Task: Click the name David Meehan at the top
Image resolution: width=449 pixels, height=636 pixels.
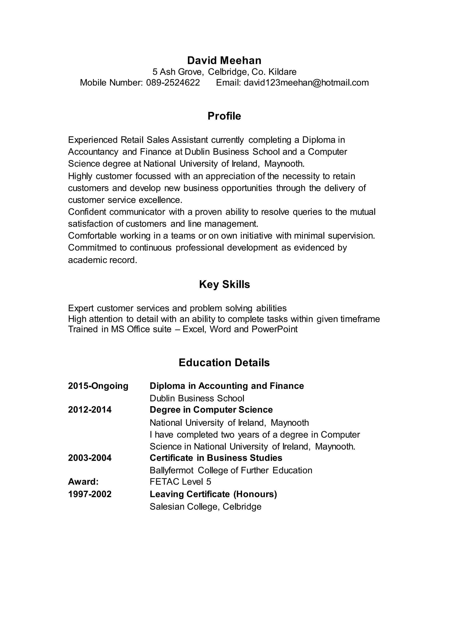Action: click(x=224, y=60)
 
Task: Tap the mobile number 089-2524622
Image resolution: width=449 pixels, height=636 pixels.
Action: click(x=173, y=82)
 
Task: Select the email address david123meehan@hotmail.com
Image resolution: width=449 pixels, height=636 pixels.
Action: click(x=306, y=82)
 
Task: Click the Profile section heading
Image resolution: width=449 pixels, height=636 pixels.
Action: click(x=224, y=116)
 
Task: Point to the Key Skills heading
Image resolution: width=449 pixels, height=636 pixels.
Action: click(x=224, y=284)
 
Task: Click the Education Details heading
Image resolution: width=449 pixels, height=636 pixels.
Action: click(x=224, y=363)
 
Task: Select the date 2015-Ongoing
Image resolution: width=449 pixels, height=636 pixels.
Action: click(x=98, y=386)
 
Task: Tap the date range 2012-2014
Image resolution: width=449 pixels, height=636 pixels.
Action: click(x=90, y=410)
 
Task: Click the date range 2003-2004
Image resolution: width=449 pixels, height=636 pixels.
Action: click(x=90, y=458)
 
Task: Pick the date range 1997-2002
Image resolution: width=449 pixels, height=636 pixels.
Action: click(x=90, y=494)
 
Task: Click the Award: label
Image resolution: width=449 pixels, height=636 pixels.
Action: click(x=83, y=482)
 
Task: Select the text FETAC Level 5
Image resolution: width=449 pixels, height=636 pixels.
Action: click(x=180, y=482)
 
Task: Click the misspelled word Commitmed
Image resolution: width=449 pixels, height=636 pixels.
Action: click(x=92, y=248)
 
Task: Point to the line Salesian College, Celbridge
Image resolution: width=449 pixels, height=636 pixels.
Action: click(x=205, y=507)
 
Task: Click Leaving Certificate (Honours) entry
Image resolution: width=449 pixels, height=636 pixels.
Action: click(x=213, y=494)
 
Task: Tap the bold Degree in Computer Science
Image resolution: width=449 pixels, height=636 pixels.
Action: click(x=211, y=410)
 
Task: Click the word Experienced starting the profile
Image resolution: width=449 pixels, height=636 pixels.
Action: click(x=93, y=140)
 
